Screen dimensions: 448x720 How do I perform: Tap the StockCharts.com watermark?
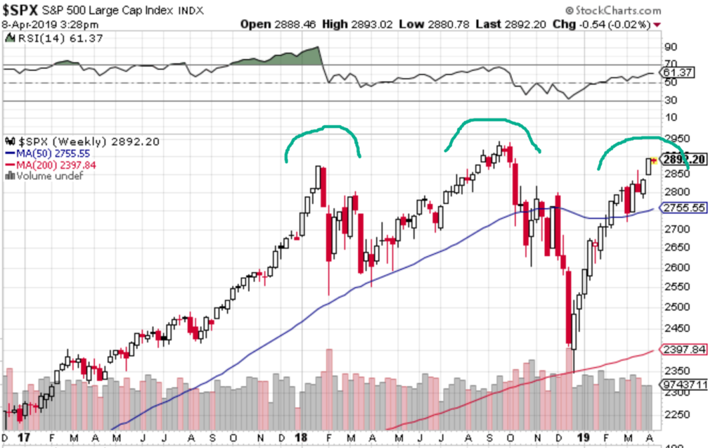[612, 11]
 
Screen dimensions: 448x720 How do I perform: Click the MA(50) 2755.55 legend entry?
[49, 153]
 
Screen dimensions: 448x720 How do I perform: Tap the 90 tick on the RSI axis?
[669, 47]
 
